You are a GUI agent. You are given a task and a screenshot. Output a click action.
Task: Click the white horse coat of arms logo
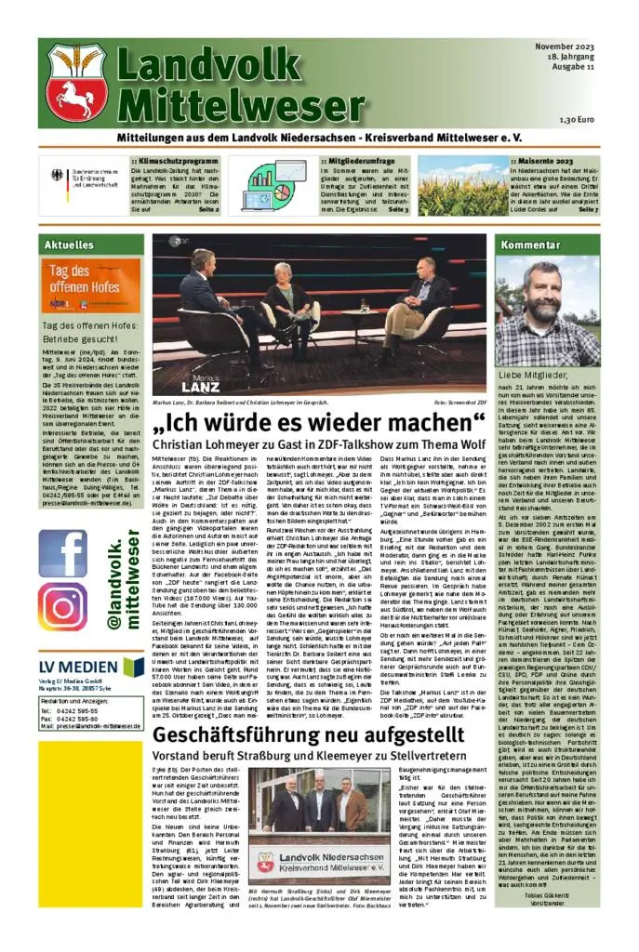(77, 82)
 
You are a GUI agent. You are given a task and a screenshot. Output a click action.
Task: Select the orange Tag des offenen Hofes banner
(91, 286)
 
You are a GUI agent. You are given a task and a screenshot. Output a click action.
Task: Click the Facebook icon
(63, 553)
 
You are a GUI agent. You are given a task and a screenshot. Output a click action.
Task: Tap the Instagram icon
(63, 607)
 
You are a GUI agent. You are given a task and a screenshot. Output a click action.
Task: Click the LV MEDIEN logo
(91, 668)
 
